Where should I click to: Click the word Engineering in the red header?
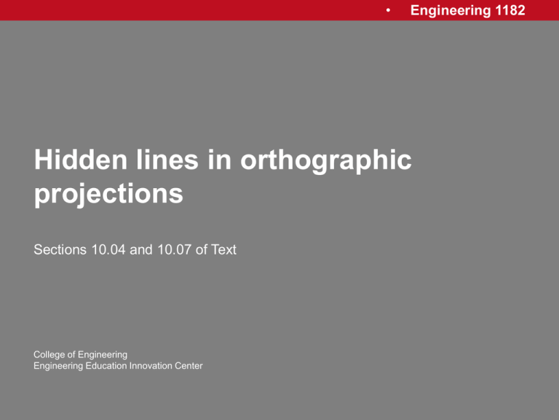click(450, 10)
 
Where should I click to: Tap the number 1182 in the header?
click(509, 10)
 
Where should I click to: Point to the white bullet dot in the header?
click(389, 11)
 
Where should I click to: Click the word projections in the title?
click(108, 195)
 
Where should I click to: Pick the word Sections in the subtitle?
click(58, 250)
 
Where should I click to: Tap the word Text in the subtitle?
click(222, 250)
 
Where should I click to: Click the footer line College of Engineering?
click(80, 354)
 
